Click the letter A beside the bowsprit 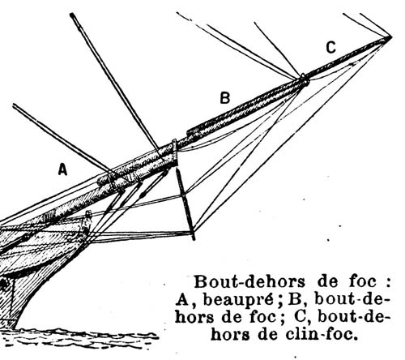tap(62, 169)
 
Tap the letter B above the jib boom tap(225, 98)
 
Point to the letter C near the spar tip tap(330, 48)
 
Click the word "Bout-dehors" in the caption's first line tap(249, 282)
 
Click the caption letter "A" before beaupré tap(182, 300)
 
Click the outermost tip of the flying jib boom tap(390, 37)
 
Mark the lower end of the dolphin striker tap(194, 238)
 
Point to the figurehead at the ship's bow tap(87, 221)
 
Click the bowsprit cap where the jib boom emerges tap(175, 152)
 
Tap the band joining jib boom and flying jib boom tap(305, 79)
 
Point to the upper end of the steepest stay tap(72, 15)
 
